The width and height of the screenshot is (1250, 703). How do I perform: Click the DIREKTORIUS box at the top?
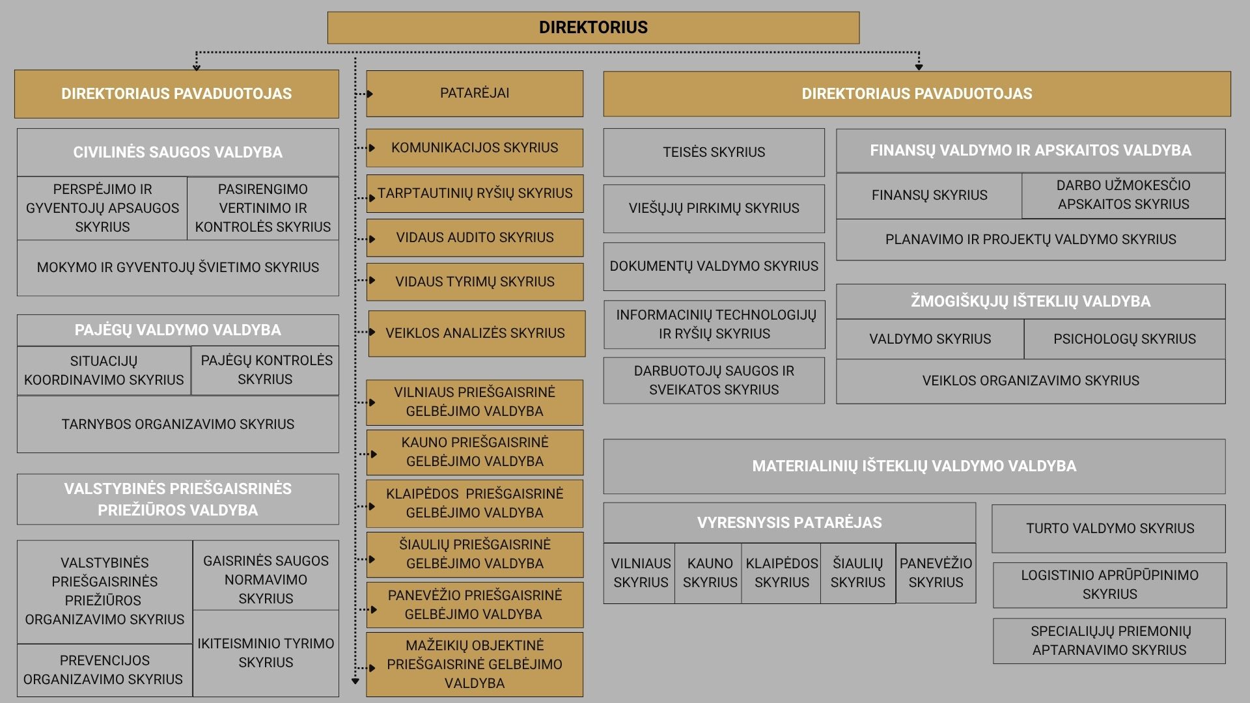593,27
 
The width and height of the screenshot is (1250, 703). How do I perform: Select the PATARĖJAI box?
475,94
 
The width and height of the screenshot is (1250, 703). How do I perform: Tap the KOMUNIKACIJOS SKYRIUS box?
475,148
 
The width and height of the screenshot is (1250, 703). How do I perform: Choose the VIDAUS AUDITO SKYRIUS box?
475,238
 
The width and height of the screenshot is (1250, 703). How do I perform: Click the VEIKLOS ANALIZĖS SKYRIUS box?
477,333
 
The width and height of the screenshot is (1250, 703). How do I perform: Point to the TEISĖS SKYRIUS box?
714,152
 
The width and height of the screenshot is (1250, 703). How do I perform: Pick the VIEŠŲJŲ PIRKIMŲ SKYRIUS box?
714,208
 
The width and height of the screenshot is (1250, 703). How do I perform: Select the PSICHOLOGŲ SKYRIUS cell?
1124,339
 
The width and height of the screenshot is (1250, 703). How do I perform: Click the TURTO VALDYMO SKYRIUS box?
1109,529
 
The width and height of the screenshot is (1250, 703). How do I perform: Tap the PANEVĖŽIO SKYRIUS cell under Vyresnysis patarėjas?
936,573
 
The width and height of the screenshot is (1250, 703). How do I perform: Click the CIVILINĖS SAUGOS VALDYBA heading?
178,152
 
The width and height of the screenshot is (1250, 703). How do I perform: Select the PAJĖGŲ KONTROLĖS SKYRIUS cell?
266,370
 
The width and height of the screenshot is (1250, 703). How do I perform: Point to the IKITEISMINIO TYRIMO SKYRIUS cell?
266,653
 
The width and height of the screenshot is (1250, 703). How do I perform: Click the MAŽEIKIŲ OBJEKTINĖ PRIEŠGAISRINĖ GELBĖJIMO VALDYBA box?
475,664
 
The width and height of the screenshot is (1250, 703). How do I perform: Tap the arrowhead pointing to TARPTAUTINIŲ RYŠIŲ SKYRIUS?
371,198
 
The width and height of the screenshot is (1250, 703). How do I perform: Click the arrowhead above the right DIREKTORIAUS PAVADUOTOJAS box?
919,67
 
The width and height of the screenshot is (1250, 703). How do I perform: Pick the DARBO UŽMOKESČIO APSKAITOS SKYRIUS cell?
1124,195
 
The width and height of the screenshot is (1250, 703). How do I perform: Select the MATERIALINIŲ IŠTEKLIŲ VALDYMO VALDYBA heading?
914,466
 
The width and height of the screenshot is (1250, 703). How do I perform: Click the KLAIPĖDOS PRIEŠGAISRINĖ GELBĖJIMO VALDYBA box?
475,504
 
